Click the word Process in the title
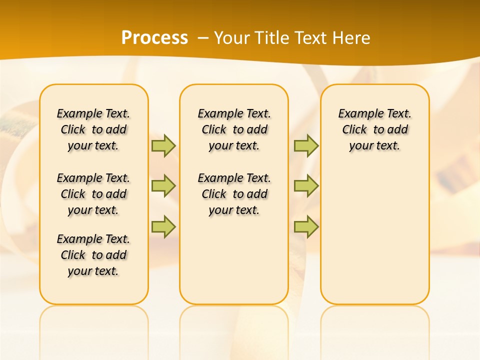(154, 37)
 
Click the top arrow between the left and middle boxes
(163, 145)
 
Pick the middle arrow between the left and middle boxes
(163, 186)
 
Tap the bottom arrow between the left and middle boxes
(163, 226)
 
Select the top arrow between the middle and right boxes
(306, 145)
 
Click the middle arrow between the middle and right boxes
(306, 186)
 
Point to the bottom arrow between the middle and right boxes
(306, 226)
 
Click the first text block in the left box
(93, 129)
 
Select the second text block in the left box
(93, 194)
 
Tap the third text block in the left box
(93, 255)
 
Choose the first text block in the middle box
(234, 129)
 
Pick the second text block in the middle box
(234, 194)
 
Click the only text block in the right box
(374, 129)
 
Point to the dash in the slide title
(203, 38)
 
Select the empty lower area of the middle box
(234, 260)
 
